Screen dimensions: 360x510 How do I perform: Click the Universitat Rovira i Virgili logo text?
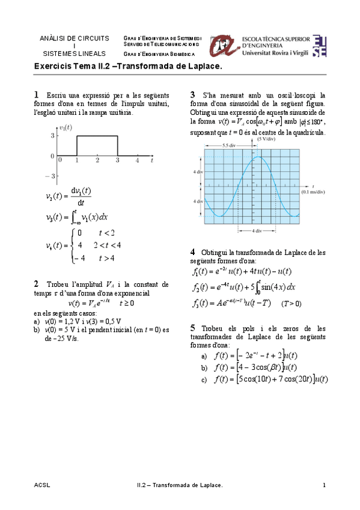click(275, 53)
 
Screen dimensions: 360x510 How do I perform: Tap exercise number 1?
click(37, 95)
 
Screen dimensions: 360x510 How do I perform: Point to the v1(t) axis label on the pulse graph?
click(66, 127)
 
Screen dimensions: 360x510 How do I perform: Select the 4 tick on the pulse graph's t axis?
click(137, 161)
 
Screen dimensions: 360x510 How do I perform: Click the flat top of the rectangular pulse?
click(97, 136)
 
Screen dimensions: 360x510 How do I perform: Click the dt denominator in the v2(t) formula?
click(80, 203)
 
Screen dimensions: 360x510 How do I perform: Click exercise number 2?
click(37, 284)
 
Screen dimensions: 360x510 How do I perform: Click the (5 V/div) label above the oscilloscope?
click(266, 139)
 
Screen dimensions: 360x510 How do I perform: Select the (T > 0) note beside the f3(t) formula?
click(291, 304)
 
